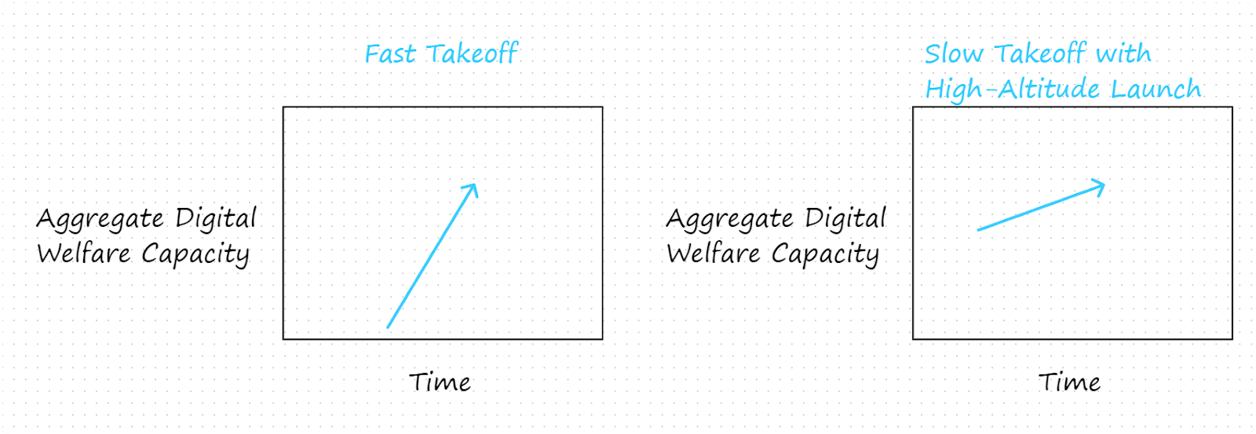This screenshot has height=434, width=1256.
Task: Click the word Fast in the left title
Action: click(x=390, y=54)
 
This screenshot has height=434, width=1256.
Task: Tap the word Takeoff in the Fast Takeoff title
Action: click(x=472, y=54)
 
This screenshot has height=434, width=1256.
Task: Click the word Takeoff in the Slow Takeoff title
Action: click(x=1039, y=54)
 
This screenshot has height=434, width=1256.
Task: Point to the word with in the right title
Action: click(x=1123, y=54)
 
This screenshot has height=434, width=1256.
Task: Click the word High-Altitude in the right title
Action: click(x=1013, y=89)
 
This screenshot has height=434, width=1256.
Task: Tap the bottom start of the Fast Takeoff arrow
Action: click(x=388, y=327)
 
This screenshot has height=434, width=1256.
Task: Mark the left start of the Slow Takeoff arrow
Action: click(x=978, y=230)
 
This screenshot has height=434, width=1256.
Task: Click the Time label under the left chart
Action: click(x=440, y=382)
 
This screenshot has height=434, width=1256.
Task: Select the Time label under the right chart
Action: click(x=1070, y=382)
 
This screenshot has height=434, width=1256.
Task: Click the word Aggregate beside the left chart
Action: click(x=100, y=219)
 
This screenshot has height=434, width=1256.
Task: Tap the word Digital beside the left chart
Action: click(x=216, y=218)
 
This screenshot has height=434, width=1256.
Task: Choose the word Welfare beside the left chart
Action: click(x=84, y=253)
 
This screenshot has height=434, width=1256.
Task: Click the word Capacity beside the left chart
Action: click(x=195, y=254)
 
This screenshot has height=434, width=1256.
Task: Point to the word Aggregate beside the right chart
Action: click(x=730, y=219)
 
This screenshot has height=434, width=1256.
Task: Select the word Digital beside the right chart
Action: click(x=845, y=218)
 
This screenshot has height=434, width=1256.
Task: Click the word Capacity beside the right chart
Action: click(x=825, y=254)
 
